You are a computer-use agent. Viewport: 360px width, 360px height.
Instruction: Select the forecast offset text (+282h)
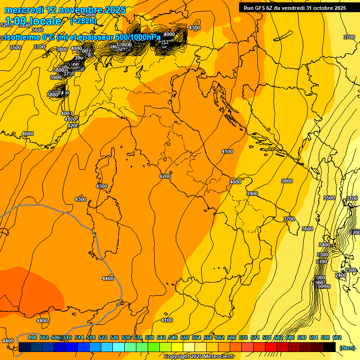[83, 21]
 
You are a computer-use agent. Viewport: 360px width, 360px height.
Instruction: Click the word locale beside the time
[45, 21]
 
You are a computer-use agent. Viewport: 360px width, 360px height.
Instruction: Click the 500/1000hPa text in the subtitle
[138, 37]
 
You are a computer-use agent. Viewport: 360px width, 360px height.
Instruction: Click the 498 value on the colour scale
[32, 337]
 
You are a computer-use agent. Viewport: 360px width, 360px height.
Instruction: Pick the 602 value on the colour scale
[337, 337]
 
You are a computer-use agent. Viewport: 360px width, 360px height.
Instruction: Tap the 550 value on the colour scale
[185, 337]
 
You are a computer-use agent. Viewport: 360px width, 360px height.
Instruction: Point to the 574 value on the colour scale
[255, 337]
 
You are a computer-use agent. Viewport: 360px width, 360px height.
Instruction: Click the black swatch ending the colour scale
[330, 347]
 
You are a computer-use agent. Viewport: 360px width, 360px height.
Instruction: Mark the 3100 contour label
[352, 198]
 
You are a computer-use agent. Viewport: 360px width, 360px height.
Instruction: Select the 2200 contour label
[355, 232]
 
